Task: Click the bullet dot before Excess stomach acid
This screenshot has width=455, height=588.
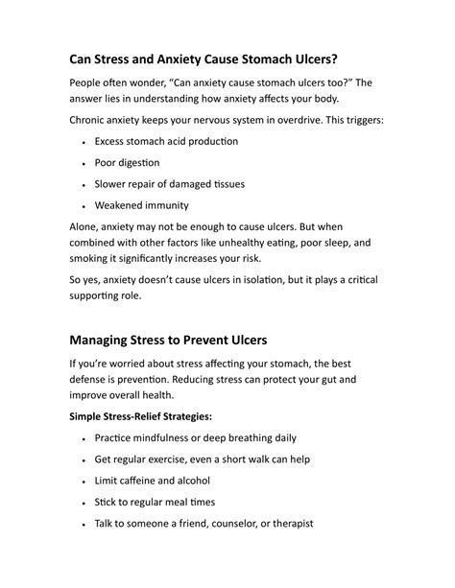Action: click(84, 142)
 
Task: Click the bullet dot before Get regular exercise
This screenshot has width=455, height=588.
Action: click(84, 459)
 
